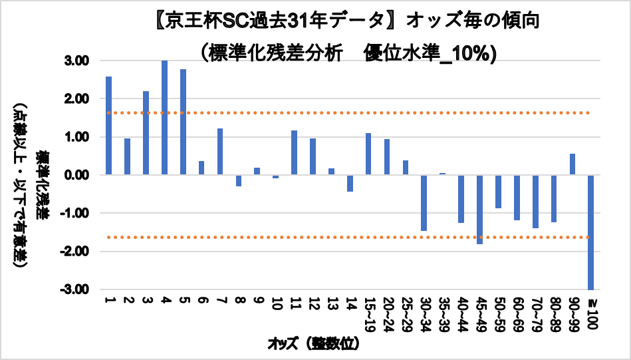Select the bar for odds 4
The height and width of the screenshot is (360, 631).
(164, 118)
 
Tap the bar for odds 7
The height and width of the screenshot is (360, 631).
(220, 152)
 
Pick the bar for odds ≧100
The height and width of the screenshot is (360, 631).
(590, 232)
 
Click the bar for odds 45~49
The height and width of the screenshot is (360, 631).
(479, 210)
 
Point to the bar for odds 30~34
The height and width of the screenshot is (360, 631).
(424, 203)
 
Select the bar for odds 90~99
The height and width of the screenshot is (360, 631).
(572, 164)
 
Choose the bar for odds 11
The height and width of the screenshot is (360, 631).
(294, 152)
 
